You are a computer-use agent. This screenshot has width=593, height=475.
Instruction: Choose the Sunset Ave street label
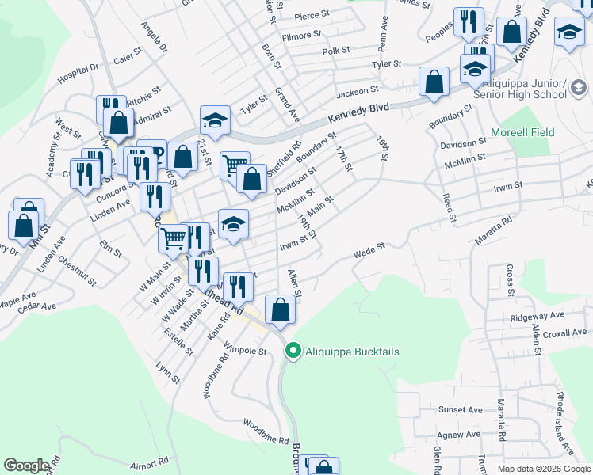coord(461,410)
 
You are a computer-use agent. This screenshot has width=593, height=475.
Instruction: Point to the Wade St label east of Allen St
coord(369,251)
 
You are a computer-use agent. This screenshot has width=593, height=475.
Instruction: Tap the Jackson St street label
coord(354,92)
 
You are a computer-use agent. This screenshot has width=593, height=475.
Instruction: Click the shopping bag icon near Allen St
coord(280,309)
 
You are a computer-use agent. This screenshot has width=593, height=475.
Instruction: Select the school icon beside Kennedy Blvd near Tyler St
coord(215,120)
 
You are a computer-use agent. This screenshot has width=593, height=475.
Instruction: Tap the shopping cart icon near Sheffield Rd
coord(235,165)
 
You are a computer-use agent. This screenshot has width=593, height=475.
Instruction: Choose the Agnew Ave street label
coord(459,434)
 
